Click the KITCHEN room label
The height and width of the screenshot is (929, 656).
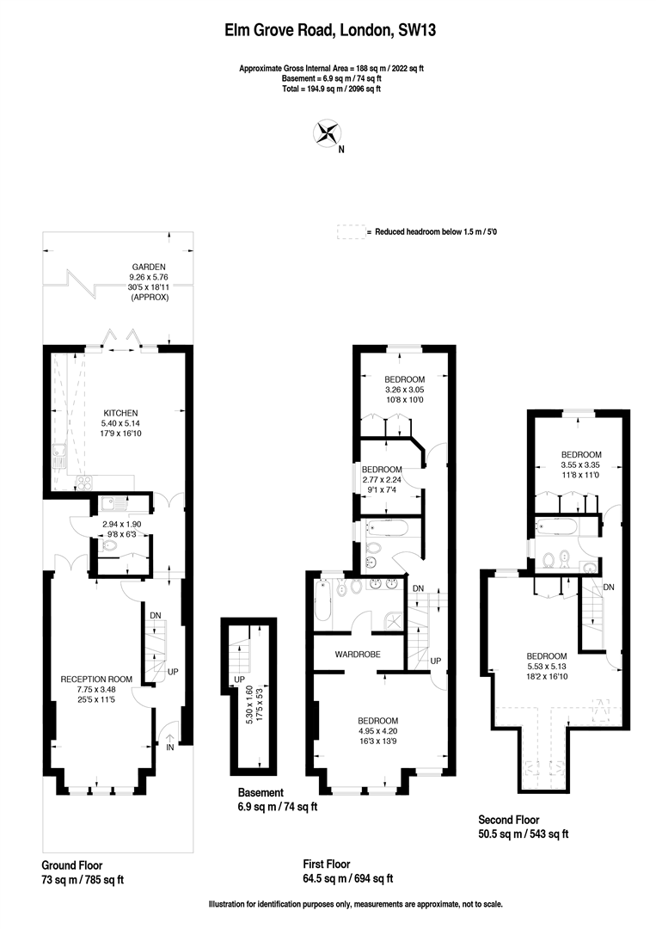pos(120,413)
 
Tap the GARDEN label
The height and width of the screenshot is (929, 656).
pos(149,267)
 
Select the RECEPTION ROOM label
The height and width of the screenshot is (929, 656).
pos(96,679)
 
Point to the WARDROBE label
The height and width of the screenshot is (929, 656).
pos(358,654)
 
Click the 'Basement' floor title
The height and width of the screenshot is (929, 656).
pos(261,792)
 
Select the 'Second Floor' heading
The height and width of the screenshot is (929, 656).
pos(509,820)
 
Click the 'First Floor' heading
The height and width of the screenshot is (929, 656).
pos(327,864)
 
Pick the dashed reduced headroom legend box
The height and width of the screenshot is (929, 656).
pos(351,231)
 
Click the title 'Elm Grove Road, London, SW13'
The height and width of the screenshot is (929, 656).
pos(330,29)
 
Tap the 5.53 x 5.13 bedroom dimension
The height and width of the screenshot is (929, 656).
pos(547,666)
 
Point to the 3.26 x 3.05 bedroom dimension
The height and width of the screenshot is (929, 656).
pos(404,390)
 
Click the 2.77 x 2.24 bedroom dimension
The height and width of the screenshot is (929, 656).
pos(382,479)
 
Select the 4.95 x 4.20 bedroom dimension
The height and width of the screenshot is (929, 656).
pos(377,730)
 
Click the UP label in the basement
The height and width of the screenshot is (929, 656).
pos(239,679)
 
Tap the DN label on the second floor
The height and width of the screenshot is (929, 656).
pos(609,588)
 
